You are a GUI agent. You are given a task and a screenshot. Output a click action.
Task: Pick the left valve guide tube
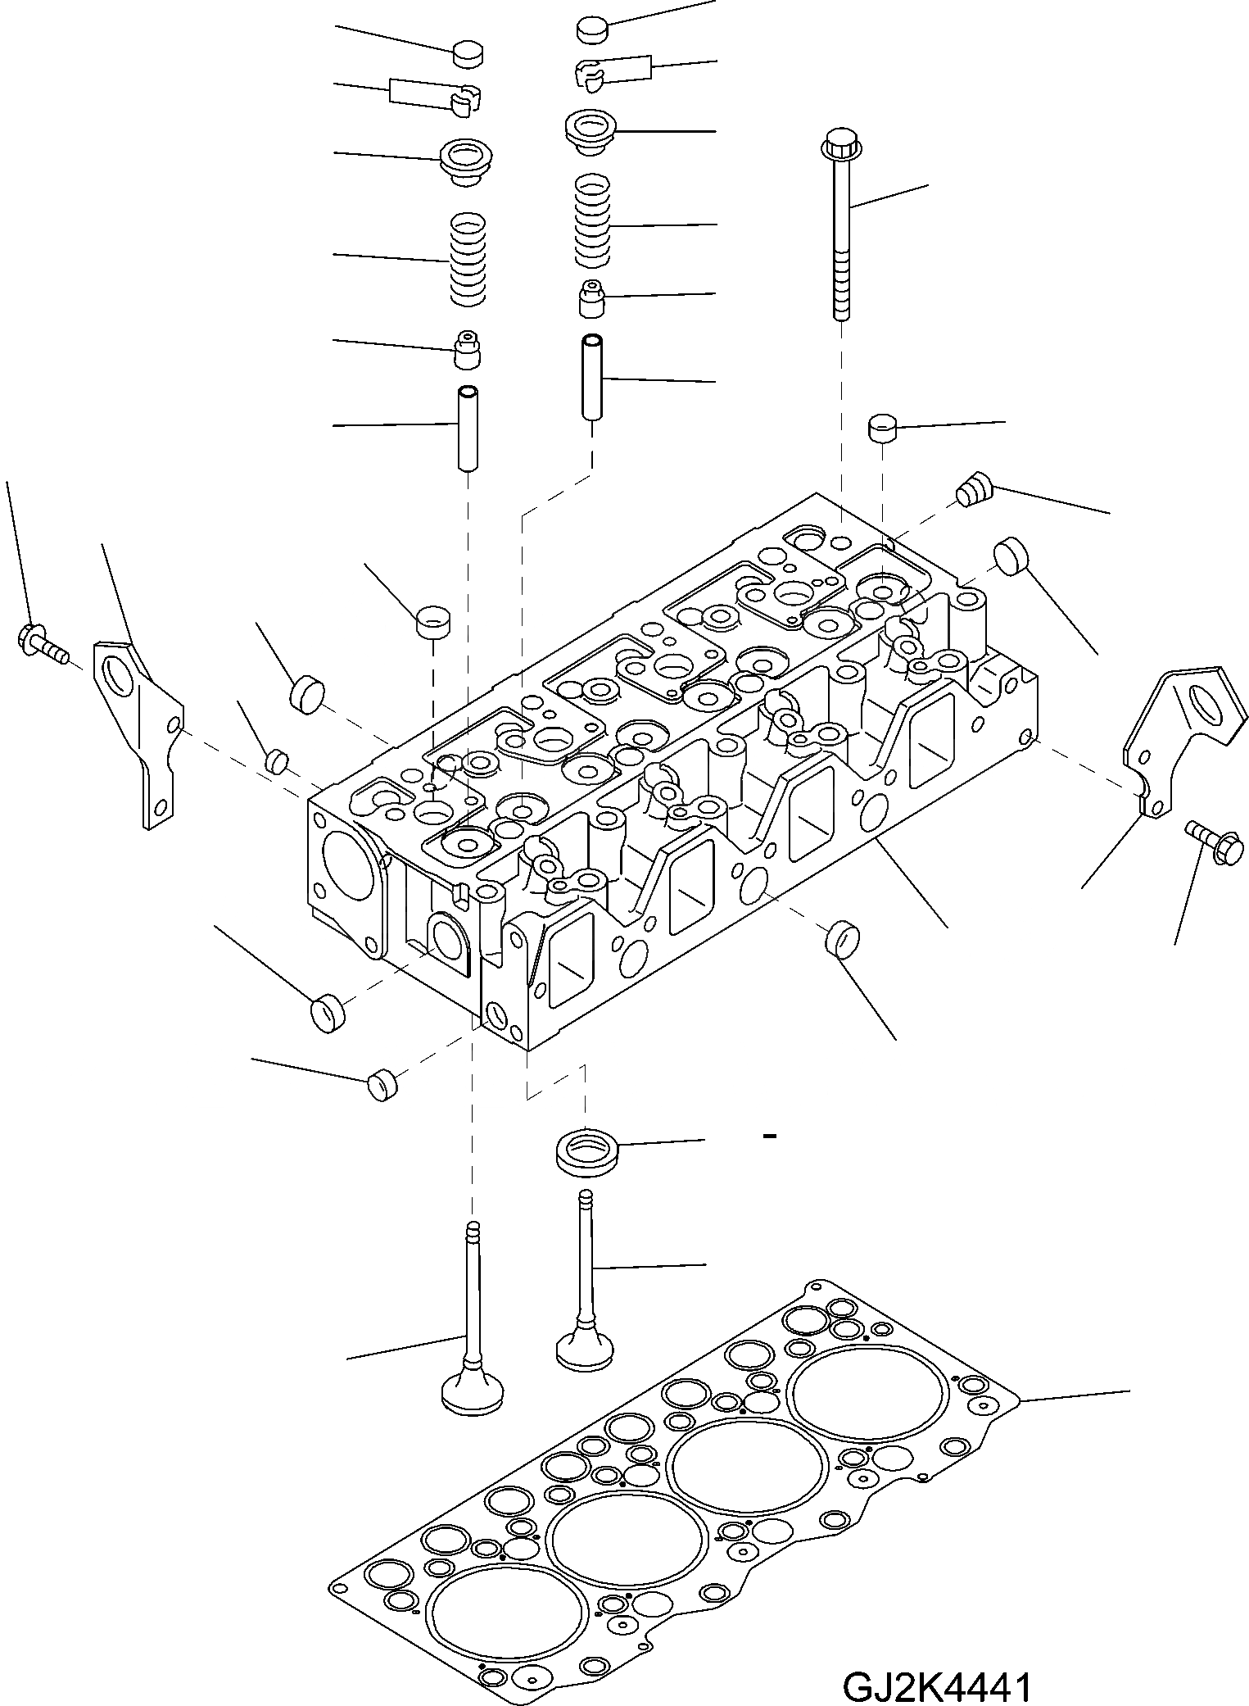[468, 428]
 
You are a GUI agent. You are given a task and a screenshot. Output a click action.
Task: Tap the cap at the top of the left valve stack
[468, 56]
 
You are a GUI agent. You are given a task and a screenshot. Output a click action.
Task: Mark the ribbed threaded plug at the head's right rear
[972, 491]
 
